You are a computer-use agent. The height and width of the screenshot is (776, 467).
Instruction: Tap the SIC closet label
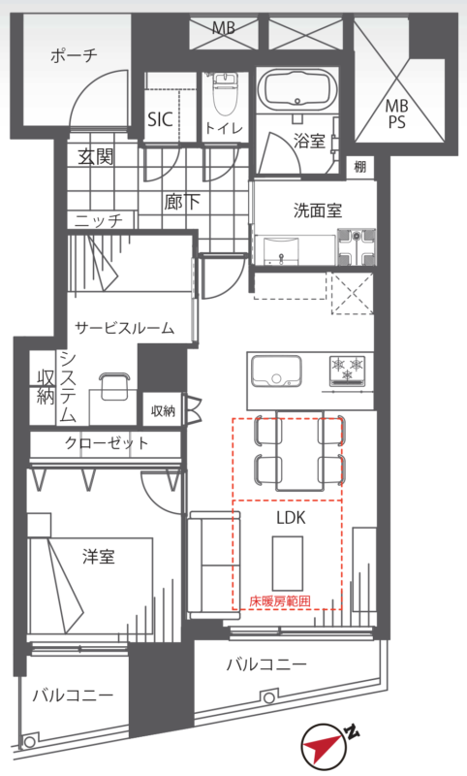click(161, 119)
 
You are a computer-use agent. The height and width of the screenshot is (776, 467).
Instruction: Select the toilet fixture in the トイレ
click(224, 96)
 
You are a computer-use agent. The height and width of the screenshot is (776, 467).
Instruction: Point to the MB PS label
click(397, 113)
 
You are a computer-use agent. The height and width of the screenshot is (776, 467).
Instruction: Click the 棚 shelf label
click(360, 167)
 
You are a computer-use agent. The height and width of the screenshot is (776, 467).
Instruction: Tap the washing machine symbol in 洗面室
click(356, 246)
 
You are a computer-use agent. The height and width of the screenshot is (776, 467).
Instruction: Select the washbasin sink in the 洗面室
click(281, 250)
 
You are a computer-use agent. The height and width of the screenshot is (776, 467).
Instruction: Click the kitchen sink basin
click(276, 371)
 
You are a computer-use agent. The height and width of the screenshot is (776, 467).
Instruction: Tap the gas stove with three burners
click(348, 371)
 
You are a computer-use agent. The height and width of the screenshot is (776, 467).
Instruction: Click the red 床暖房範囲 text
click(280, 601)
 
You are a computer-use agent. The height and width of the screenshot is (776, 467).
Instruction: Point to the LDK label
click(291, 518)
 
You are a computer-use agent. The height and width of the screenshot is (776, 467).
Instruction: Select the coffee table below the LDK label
click(288, 563)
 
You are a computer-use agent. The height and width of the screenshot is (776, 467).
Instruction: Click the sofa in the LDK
click(214, 565)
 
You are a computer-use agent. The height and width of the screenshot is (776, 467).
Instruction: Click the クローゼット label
click(107, 442)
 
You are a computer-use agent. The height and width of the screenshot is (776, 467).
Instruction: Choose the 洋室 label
click(99, 557)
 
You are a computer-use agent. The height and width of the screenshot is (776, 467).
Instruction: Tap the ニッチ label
click(99, 220)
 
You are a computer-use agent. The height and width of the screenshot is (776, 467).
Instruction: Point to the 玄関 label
click(96, 157)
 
